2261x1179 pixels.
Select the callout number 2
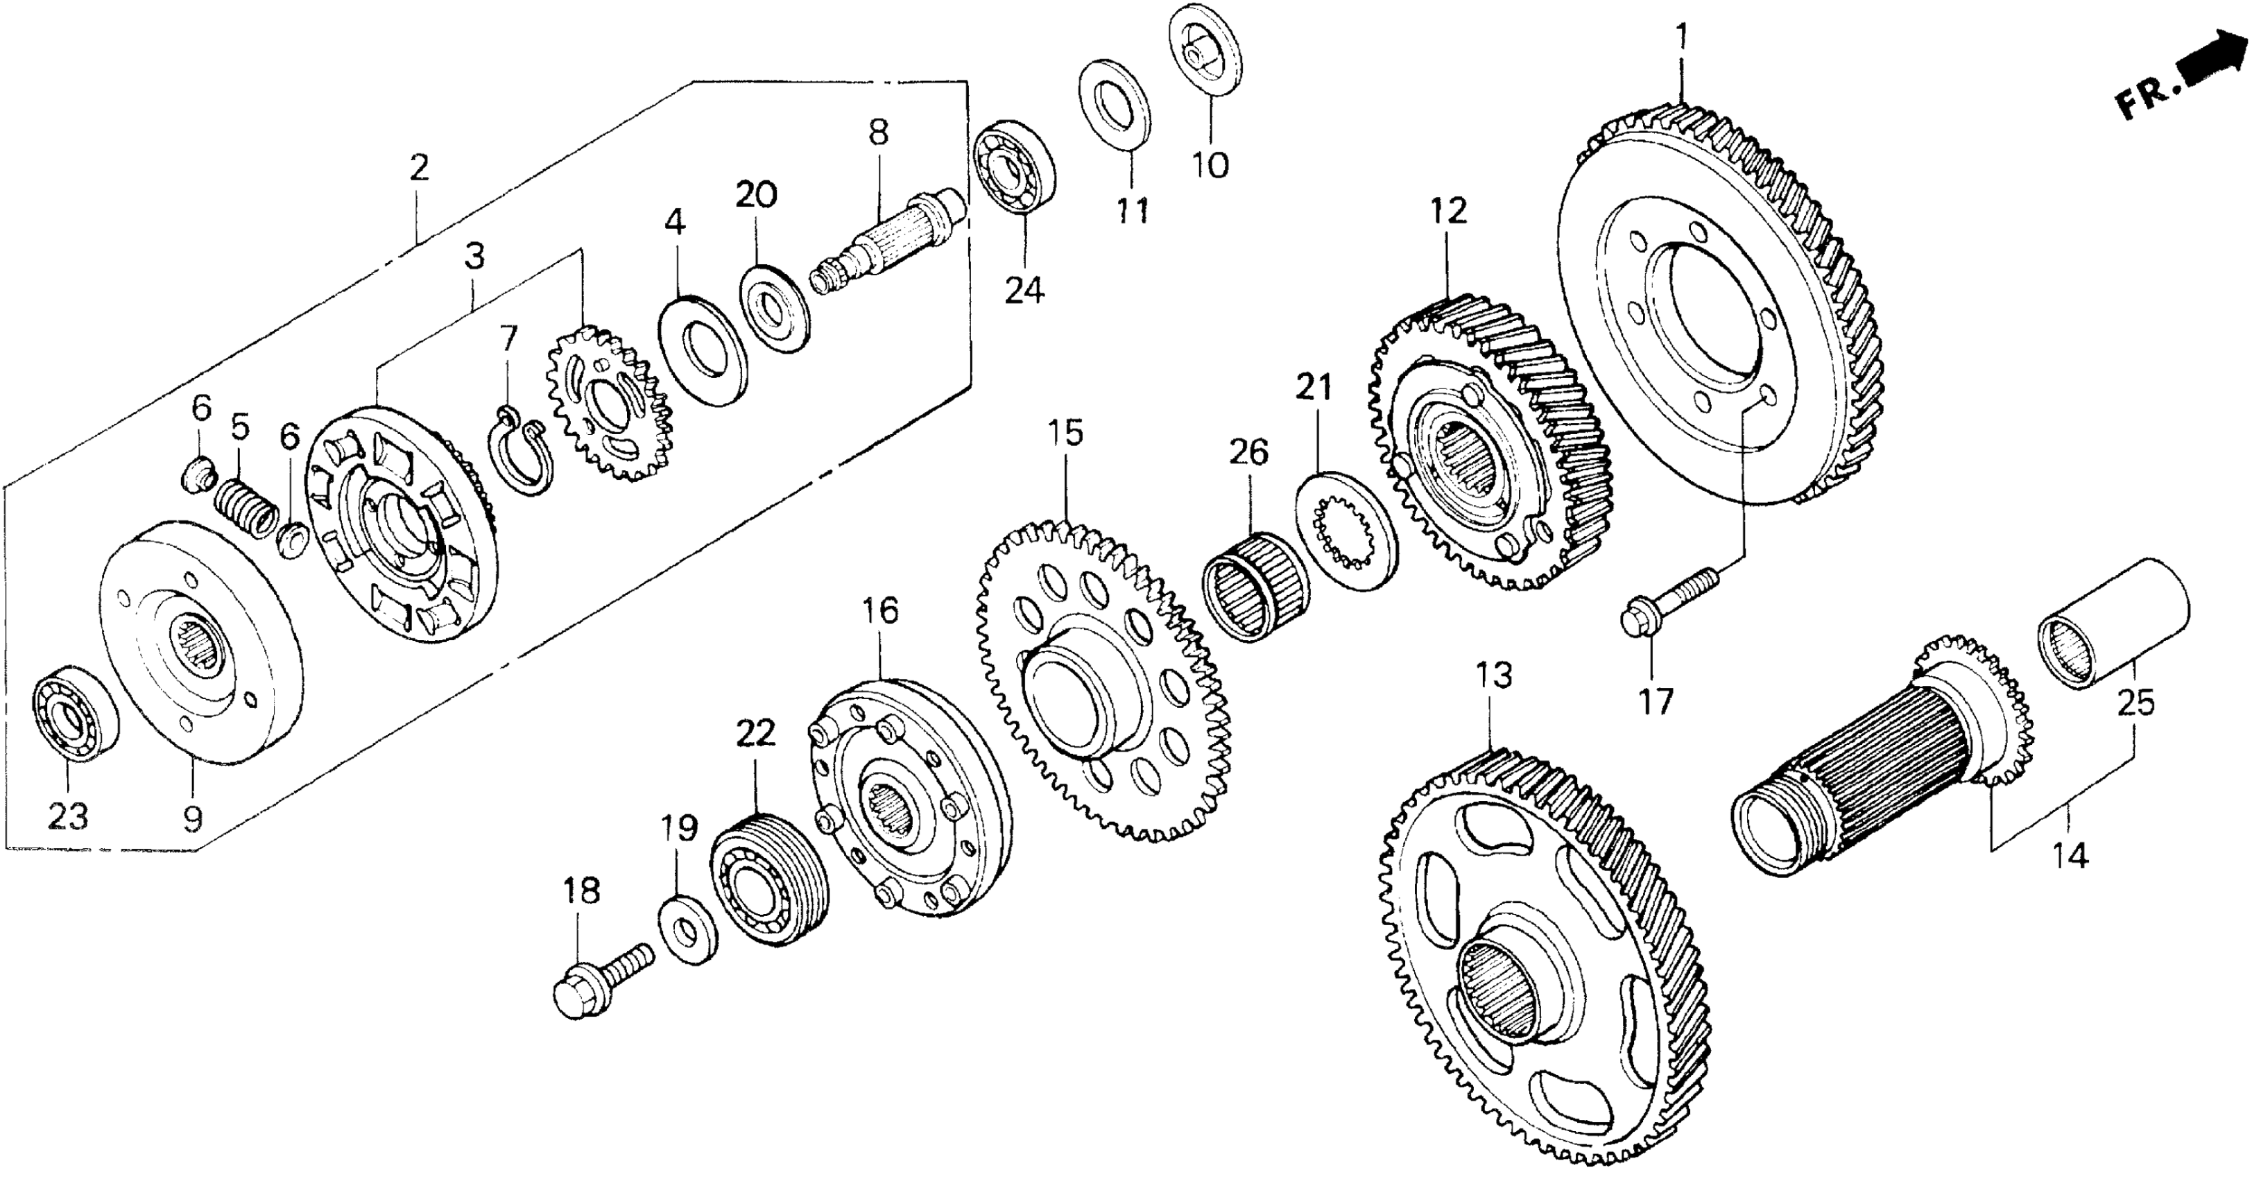point(419,167)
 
